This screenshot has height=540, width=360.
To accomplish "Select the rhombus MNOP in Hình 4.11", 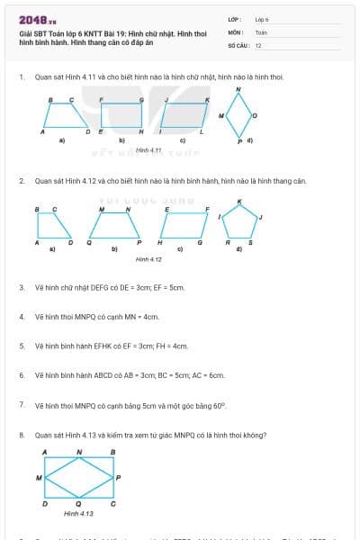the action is [238, 114].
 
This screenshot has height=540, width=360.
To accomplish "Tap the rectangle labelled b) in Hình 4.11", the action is [121, 116].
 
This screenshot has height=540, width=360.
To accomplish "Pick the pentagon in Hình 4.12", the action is [239, 220].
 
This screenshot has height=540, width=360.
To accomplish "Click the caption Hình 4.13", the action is [78, 513].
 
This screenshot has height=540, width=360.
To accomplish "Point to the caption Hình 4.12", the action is [148, 259].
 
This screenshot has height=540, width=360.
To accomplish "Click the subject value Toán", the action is [261, 31].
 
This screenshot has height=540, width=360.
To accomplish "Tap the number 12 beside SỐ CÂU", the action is [258, 44].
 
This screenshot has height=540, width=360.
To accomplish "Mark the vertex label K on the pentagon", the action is [239, 202].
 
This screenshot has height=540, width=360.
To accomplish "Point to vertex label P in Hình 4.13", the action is [119, 477].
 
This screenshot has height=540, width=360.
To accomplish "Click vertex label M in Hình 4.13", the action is [38, 477].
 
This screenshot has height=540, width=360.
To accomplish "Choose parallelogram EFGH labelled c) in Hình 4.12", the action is [184, 226].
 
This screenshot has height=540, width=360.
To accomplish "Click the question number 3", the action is [22, 288].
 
